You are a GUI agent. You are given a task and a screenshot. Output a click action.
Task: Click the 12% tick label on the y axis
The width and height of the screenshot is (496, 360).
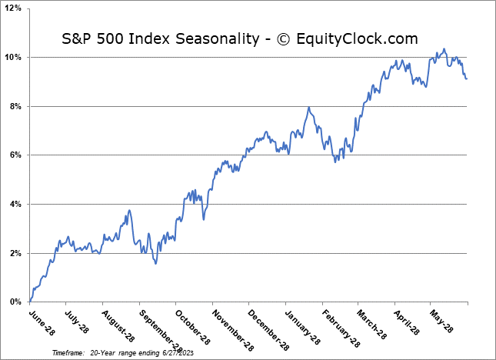[x=15, y=8]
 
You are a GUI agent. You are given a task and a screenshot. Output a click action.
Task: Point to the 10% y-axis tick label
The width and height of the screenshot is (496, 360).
[x=15, y=58]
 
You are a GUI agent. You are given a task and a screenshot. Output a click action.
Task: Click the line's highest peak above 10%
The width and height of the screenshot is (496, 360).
[x=444, y=49]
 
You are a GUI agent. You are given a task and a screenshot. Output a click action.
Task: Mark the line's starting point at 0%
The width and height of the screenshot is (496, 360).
[x=30, y=301]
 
